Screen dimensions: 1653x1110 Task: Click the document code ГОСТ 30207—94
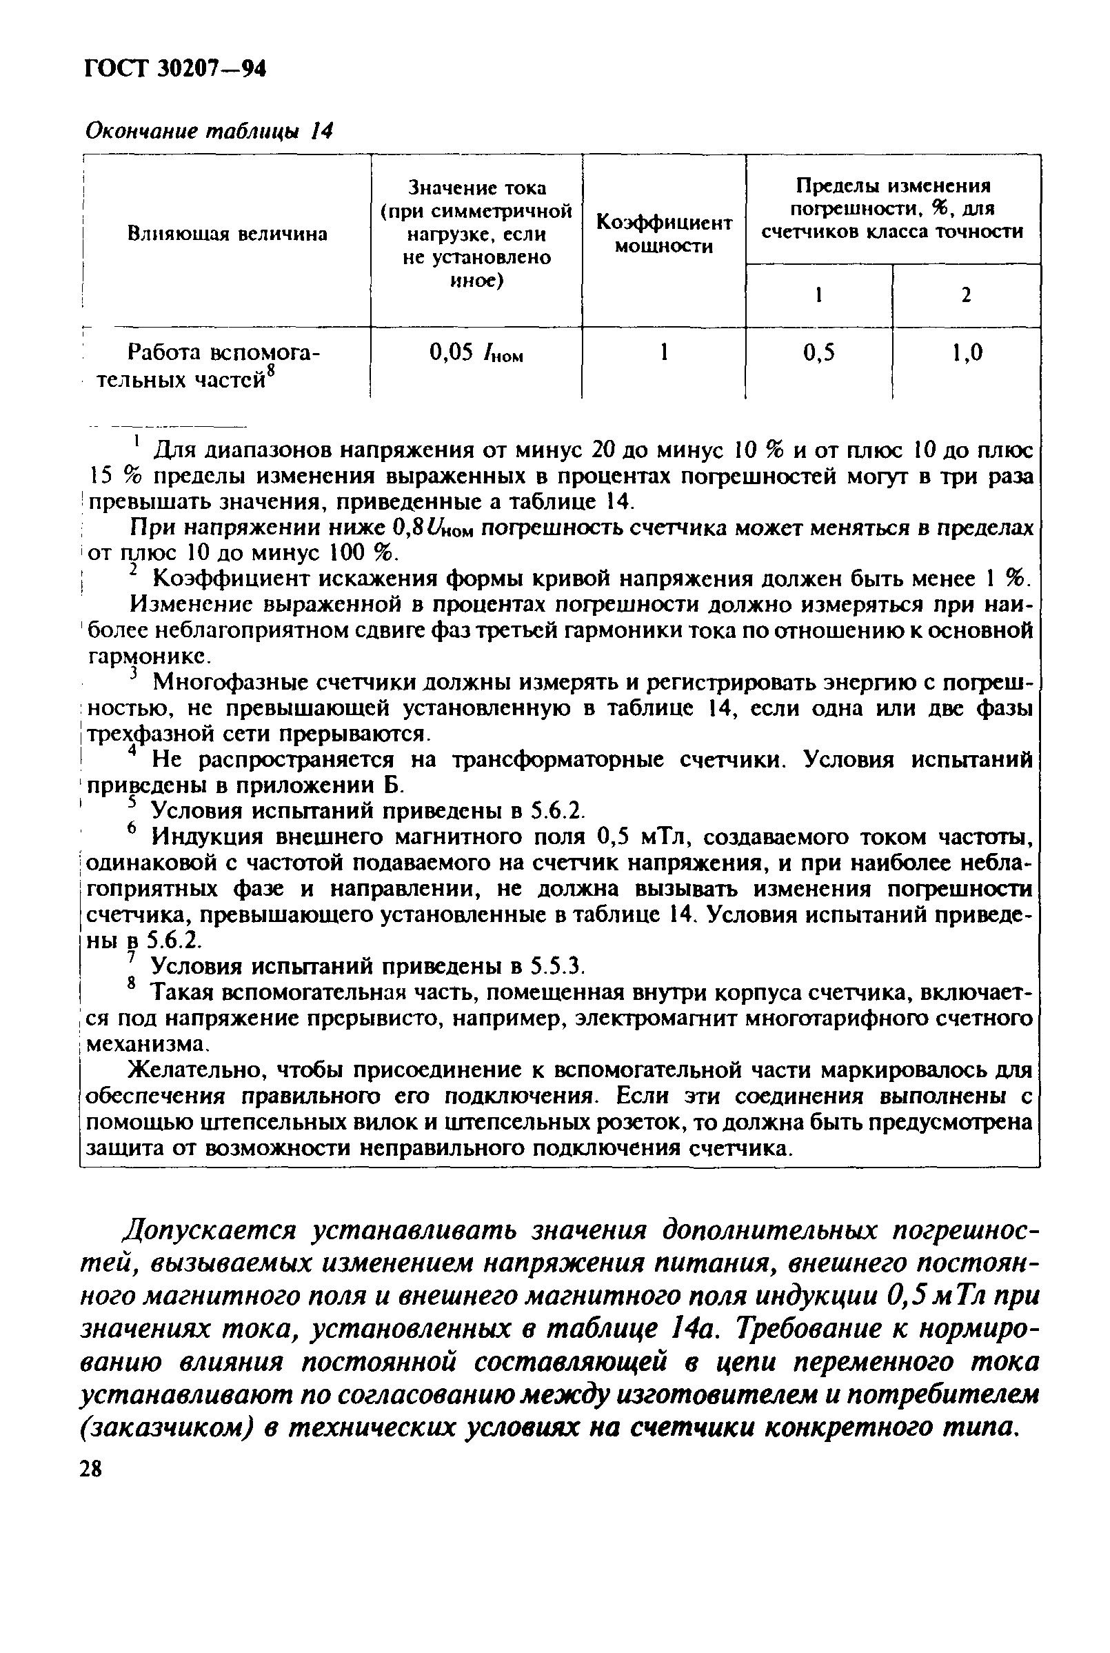click(x=175, y=70)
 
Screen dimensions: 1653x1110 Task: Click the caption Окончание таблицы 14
click(x=209, y=131)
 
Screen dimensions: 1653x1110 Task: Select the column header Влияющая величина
click(x=228, y=234)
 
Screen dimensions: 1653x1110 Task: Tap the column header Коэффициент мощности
click(x=663, y=234)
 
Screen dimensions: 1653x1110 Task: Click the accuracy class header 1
click(x=818, y=295)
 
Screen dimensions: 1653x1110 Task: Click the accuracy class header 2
click(x=966, y=295)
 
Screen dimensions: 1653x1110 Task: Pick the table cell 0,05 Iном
click(x=476, y=353)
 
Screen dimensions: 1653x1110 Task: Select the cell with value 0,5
click(x=818, y=352)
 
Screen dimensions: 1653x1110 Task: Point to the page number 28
click(x=91, y=1470)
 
